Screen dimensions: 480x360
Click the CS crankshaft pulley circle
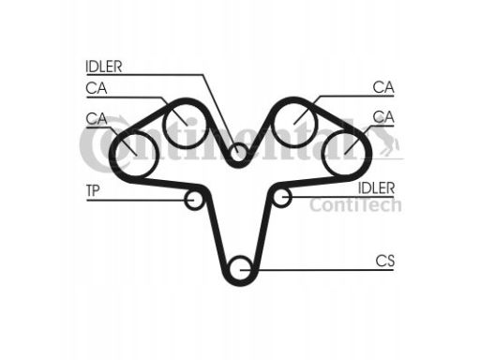point(241,267)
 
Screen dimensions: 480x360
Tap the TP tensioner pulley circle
point(195,200)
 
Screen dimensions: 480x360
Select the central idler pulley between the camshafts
point(240,151)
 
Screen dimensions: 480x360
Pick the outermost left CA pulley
point(129,145)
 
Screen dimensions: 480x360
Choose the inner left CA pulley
point(183,123)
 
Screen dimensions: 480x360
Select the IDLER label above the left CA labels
point(105,67)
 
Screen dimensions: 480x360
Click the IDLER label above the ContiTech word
point(376,187)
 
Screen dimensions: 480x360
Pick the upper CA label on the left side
point(95,88)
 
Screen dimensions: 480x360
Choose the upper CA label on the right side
point(382,87)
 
